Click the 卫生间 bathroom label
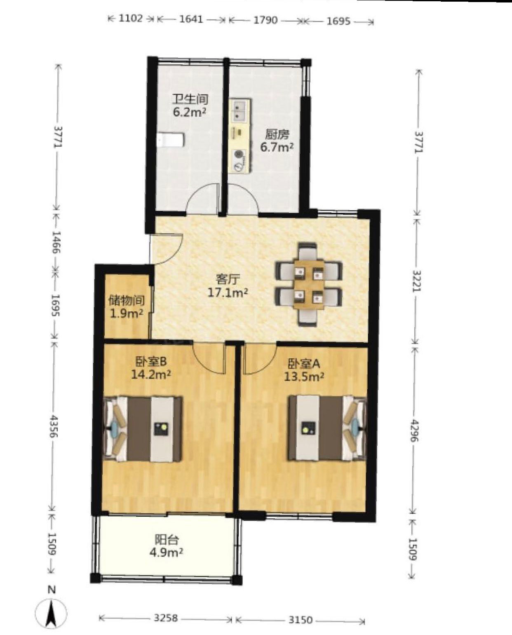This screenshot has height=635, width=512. coord(190,99)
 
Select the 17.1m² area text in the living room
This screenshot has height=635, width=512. coord(228,293)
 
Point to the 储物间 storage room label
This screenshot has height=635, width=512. coord(127,301)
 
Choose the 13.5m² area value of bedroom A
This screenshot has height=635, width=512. coord(304,376)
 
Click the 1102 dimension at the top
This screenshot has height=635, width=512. coord(131,19)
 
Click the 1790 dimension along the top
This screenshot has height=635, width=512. coord(265,20)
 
